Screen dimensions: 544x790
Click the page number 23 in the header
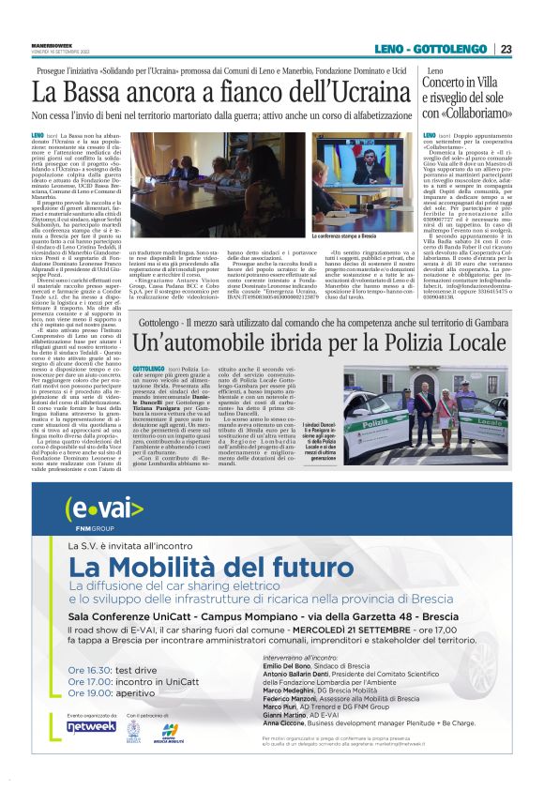pos(506,49)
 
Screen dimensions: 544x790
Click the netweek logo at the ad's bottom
pos(91,726)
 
